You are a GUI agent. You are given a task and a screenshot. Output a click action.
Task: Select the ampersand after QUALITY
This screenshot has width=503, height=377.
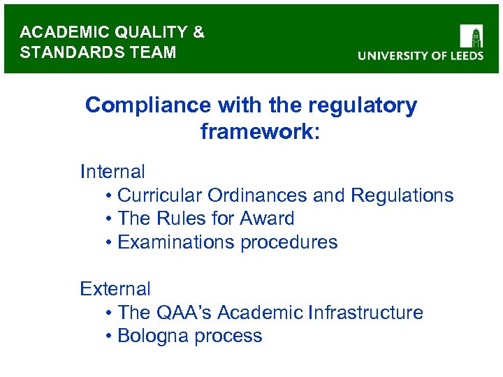pyautogui.click(x=198, y=32)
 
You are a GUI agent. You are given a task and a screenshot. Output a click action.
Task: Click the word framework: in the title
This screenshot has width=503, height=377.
pyautogui.click(x=260, y=131)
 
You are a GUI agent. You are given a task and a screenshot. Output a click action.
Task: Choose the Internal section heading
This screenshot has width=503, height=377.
pyautogui.click(x=112, y=171)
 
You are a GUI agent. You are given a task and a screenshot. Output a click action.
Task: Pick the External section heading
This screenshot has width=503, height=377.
pyautogui.click(x=115, y=288)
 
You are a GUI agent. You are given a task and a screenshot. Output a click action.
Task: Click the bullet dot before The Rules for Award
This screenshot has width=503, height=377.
pyautogui.click(x=110, y=219)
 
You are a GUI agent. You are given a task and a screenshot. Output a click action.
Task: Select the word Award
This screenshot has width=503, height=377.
pyautogui.click(x=267, y=219)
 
